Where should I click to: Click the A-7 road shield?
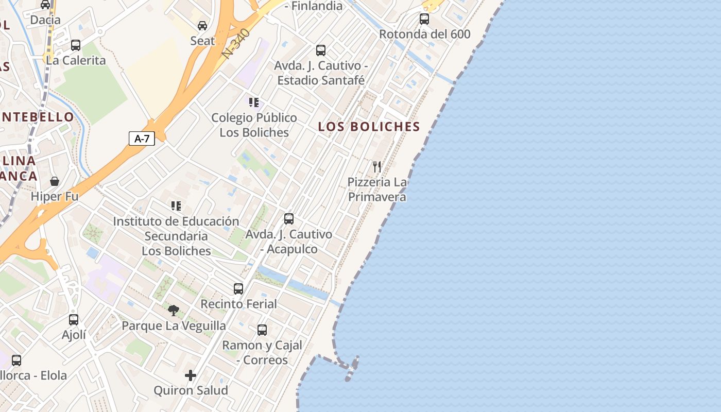click(x=142, y=138)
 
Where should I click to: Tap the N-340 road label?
click(x=236, y=43)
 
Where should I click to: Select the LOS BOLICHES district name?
click(x=369, y=127)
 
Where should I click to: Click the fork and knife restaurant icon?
click(x=377, y=166)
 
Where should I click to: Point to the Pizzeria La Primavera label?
click(x=377, y=190)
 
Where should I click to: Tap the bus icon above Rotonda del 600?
click(x=424, y=19)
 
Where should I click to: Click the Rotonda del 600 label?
click(x=424, y=35)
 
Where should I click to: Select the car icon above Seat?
click(x=202, y=25)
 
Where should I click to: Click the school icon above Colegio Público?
click(x=253, y=102)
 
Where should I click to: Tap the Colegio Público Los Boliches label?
click(x=254, y=125)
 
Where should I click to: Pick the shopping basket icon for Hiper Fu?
click(x=55, y=181)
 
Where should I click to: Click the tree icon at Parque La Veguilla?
click(x=174, y=311)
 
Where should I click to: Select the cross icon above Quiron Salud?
click(x=191, y=375)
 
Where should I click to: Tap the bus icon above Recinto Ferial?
click(x=238, y=289)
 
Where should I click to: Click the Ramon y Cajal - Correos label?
click(x=262, y=352)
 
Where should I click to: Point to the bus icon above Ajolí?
click(x=74, y=320)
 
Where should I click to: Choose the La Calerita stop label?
click(x=76, y=60)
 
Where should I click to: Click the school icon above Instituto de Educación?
click(x=176, y=206)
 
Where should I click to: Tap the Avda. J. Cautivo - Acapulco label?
click(x=289, y=242)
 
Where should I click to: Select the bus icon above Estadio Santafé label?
click(x=321, y=50)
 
